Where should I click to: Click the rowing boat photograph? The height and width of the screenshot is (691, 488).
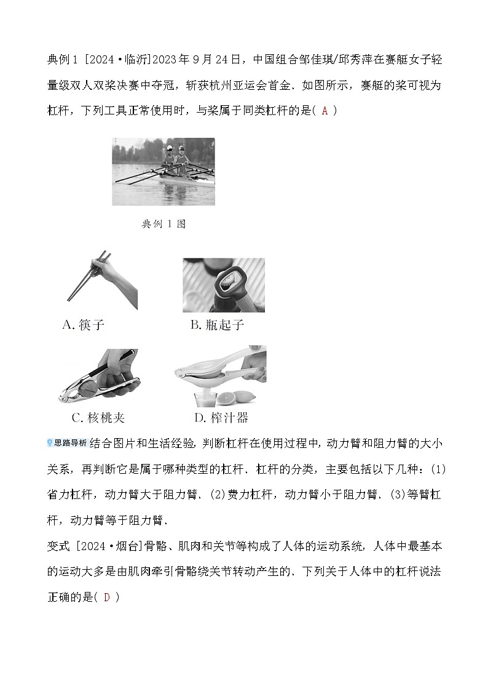click(x=163, y=172)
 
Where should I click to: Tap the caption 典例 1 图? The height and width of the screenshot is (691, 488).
click(x=163, y=224)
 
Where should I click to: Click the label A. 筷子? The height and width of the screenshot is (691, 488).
click(x=83, y=325)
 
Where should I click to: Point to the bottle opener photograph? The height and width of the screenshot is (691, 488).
click(x=224, y=285)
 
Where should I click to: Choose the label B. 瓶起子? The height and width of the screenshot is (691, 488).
click(x=217, y=325)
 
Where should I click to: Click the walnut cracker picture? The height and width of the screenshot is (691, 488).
click(x=100, y=376)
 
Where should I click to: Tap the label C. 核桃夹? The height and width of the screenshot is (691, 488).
click(x=98, y=417)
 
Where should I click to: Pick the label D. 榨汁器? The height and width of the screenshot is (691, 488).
click(x=221, y=417)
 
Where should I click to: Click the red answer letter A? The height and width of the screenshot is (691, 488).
click(x=325, y=111)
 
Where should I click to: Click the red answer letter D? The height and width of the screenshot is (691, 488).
click(x=106, y=597)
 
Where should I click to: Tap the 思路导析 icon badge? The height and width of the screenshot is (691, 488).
click(x=68, y=443)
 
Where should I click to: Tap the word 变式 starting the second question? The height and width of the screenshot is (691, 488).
click(x=58, y=546)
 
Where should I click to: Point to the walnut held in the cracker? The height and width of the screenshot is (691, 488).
click(x=99, y=381)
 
